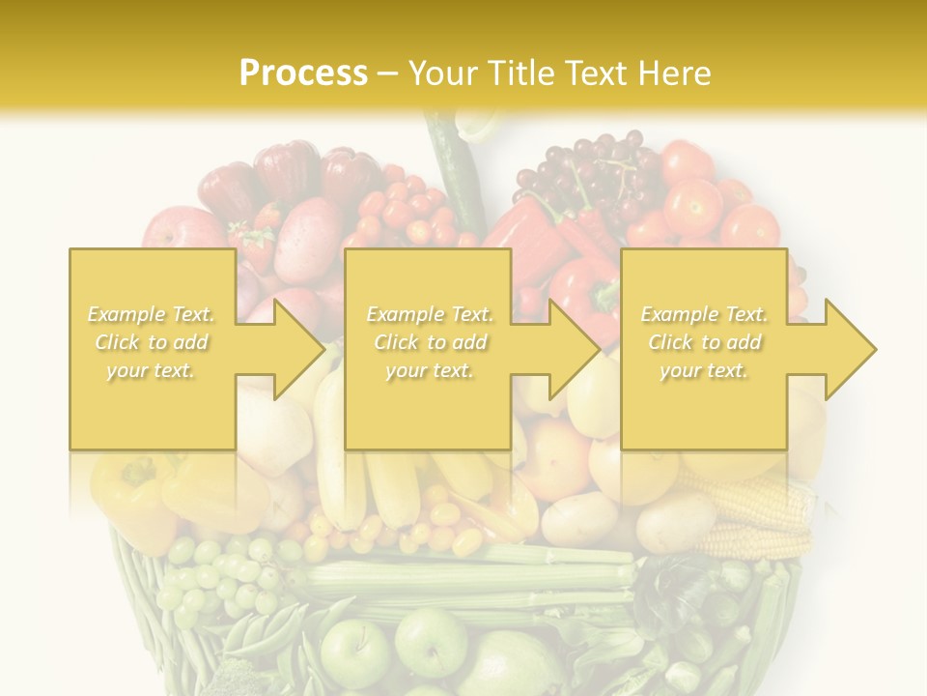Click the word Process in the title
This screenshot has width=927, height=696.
click(x=303, y=73)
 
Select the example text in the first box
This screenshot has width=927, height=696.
click(x=152, y=342)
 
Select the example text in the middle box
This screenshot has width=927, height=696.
click(x=429, y=342)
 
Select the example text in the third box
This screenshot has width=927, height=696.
click(x=704, y=342)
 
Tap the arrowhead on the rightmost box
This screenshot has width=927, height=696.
click(x=846, y=349)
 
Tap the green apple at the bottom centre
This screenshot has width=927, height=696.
click(x=430, y=639)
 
